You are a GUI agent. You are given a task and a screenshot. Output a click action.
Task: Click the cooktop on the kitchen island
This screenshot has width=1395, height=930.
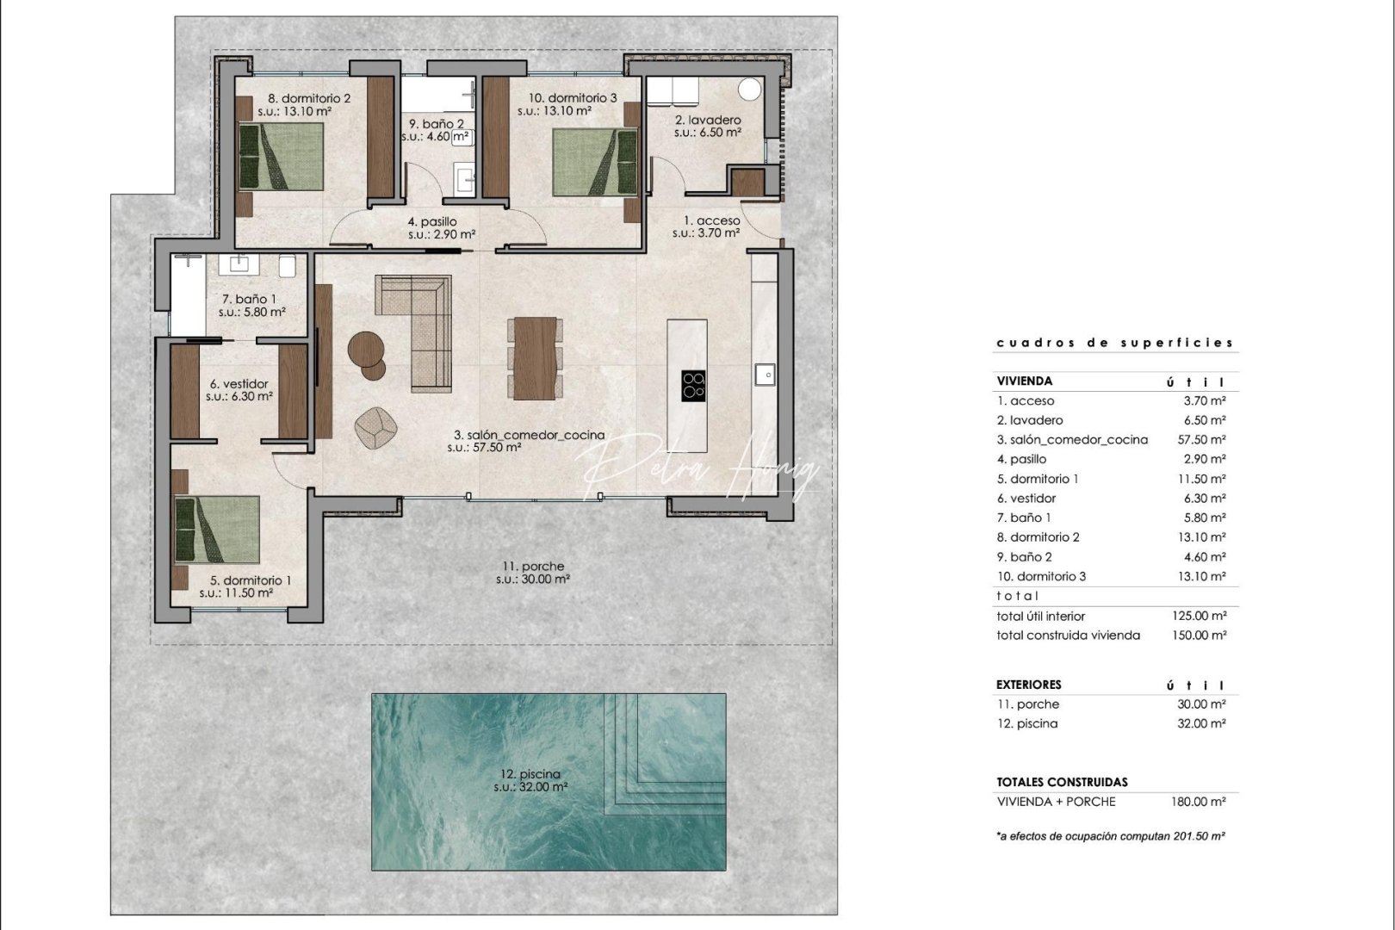693,385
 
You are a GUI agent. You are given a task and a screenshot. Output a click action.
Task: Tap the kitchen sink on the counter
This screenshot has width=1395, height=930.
764,374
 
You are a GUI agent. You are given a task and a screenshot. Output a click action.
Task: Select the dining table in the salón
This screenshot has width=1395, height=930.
536,358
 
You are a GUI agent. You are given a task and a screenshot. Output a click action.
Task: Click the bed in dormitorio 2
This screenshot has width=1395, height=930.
281,156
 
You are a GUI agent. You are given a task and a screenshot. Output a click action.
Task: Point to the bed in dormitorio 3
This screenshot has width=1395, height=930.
595,161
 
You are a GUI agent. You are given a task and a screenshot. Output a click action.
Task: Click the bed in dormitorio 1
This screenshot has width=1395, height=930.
217,529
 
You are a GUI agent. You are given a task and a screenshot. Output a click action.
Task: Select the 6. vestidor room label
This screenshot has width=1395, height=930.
239,390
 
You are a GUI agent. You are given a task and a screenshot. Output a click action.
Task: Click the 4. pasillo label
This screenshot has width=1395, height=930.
442,228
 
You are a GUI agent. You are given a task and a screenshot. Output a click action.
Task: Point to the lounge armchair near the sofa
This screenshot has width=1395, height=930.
376,427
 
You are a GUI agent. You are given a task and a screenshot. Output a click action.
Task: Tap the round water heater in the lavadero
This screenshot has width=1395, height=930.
749,90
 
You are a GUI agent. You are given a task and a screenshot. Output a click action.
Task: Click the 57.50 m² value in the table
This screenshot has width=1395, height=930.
1205,439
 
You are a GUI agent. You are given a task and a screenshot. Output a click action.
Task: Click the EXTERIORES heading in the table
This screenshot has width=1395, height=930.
1028,685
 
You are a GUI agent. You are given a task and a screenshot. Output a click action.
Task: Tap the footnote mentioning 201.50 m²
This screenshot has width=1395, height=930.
1111,836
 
